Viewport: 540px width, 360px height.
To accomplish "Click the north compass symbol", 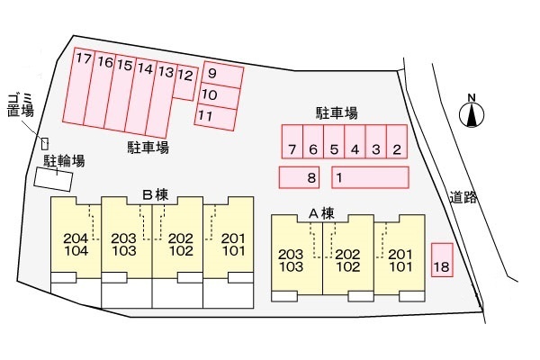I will tap(471, 113).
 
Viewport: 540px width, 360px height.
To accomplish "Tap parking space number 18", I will tap(441, 260).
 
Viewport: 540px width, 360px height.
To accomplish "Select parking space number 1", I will tap(369, 178).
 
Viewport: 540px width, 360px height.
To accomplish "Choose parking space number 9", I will tap(222, 73).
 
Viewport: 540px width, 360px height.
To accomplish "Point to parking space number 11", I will tap(217, 115).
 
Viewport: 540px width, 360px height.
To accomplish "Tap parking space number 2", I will tap(397, 142).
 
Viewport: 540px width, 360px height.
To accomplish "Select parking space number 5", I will tap(334, 142).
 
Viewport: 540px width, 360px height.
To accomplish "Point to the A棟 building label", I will tap(321, 213).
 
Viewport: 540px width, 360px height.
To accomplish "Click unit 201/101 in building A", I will tap(400, 259).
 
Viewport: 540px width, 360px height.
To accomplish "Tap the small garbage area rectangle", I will tap(44, 142).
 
